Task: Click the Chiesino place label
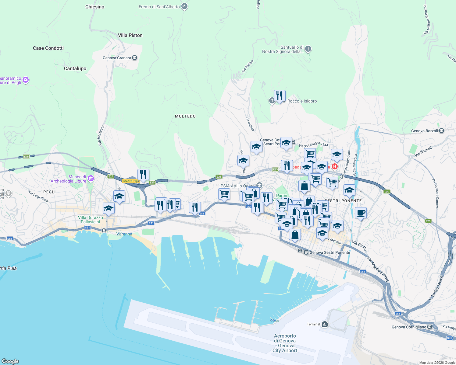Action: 95,7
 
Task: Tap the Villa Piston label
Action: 130,35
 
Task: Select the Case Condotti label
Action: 48,48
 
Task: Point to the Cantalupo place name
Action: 75,68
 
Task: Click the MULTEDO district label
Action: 185,116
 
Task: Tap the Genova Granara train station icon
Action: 135,58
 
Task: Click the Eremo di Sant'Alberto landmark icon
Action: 184,6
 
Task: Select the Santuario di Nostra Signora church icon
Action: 308,49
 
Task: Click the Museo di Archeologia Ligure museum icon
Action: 91,179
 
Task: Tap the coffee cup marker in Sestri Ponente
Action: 361,213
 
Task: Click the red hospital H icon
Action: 335,166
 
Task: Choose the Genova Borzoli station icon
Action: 442,131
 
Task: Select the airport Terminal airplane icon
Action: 325,324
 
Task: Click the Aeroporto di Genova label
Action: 285,343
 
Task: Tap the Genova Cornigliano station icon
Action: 430,327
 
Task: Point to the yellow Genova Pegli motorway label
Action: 131,181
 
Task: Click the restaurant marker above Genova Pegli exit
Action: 143,175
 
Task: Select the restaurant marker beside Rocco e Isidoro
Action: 280,96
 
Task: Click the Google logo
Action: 10,361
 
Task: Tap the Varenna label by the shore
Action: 124,234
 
